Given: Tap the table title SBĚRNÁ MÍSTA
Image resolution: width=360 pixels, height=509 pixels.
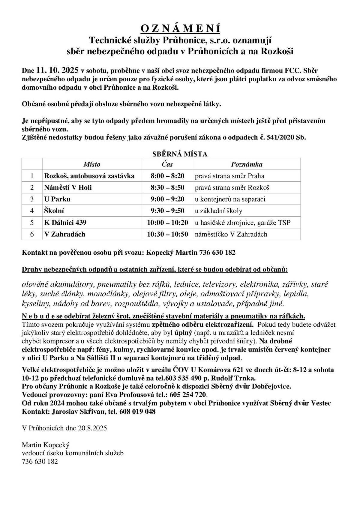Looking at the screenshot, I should pos(180,154).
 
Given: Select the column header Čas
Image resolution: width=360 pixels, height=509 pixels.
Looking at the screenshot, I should pos(167,164).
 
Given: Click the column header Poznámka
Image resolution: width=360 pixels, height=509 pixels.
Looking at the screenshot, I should pos(247,164).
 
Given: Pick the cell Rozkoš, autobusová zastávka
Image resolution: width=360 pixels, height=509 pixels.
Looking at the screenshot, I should pos(89,176).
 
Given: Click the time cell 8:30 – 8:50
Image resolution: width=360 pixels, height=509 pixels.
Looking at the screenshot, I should pos(167,187).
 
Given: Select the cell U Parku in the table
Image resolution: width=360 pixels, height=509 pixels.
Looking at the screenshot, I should pos(58,199).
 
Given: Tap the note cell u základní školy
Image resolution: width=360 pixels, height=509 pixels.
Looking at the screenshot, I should pos(219,211).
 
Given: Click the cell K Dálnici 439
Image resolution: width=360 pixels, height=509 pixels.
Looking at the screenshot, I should pos(65,223).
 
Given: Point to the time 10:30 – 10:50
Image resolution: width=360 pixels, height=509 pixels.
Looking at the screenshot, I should pos(167,234).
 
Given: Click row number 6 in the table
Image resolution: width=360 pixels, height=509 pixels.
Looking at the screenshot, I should pos(32,234).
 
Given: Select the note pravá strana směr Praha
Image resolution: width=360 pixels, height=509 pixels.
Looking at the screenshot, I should pos(229,176).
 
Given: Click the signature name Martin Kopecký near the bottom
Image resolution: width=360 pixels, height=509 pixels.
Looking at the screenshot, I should pos(46,445).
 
